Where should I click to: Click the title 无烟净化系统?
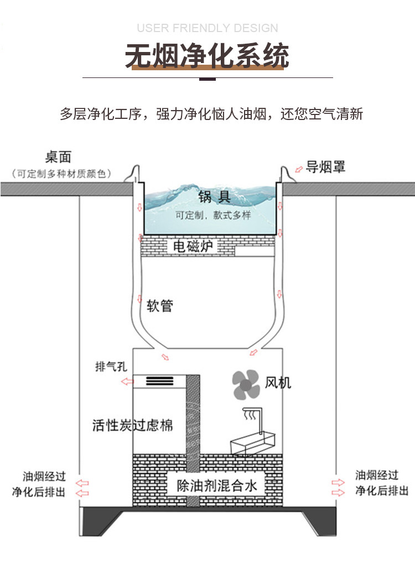tap(207, 56)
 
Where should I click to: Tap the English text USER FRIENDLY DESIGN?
tap(207, 28)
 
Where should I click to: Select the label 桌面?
tap(58, 157)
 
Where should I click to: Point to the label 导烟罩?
tap(325, 167)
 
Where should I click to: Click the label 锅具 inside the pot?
tap(215, 197)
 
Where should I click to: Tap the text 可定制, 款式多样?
tap(213, 215)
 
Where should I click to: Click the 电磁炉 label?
tap(193, 246)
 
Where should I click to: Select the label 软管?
tap(160, 306)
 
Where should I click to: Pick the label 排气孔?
tap(111, 367)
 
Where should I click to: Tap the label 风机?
tap(278, 383)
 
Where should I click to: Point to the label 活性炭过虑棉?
tap(133, 425)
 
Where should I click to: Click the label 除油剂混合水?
tap(217, 486)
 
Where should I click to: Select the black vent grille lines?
tap(160, 380)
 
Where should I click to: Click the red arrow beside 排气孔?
tap(127, 381)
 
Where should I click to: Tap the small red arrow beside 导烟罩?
tap(299, 169)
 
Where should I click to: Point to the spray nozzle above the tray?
tap(253, 416)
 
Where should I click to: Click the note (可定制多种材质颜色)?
tap(61, 174)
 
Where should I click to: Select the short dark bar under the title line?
tap(207, 79)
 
